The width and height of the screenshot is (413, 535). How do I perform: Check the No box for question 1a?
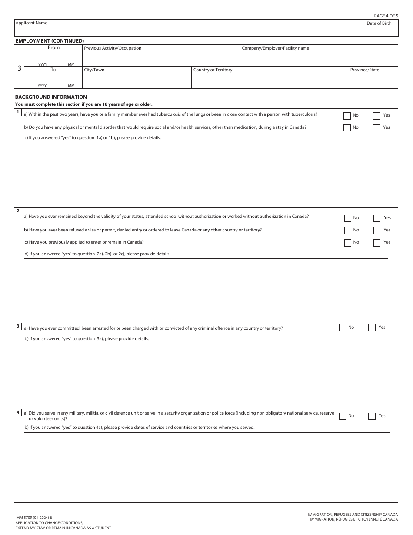point(347,116)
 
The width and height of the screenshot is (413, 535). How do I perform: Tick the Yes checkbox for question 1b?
point(376,128)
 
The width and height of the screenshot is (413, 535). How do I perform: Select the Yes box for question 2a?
point(377,218)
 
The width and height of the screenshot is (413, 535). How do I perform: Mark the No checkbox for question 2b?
point(347,231)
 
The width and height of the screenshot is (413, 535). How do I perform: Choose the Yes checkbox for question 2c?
point(377,243)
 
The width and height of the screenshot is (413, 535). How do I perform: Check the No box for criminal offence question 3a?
point(343,328)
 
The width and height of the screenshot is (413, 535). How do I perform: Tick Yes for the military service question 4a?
point(372,416)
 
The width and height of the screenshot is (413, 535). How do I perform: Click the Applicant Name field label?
point(31,23)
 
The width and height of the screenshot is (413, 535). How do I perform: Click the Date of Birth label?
point(379,23)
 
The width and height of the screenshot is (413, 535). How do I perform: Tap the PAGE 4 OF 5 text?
point(386,16)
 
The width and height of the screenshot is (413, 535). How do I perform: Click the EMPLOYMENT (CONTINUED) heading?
point(50,41)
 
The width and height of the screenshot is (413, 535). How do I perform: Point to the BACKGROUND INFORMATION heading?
point(51,97)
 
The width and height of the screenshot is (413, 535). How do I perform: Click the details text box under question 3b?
point(206,374)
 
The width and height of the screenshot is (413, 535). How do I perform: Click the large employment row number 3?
point(19,68)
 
